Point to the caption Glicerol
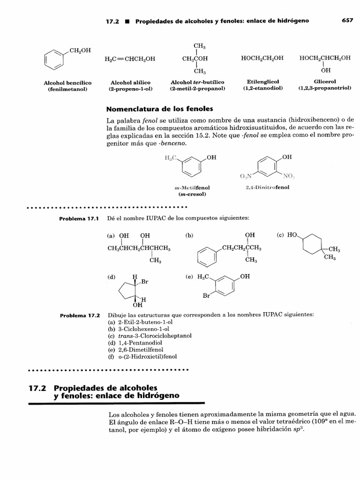coord(325,82)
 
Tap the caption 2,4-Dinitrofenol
coord(267,187)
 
